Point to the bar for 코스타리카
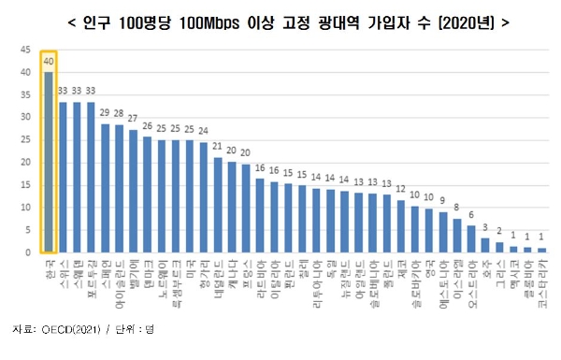541,251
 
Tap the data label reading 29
105,113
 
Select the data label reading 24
203,131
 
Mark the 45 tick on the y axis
25,44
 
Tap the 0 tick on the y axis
28,253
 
